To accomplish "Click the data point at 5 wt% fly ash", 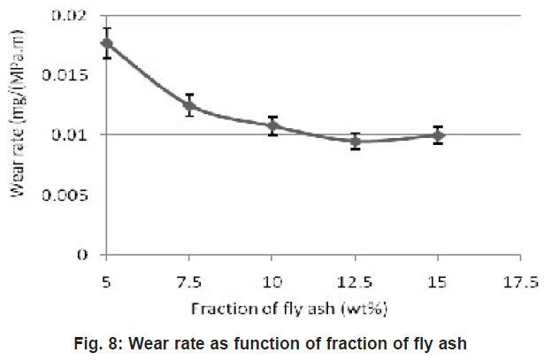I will click(x=107, y=42).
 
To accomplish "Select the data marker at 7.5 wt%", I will click(x=189, y=105).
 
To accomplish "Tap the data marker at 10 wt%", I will click(x=272, y=126).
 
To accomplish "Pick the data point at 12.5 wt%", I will click(x=356, y=141).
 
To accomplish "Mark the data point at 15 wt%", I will click(x=438, y=135).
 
